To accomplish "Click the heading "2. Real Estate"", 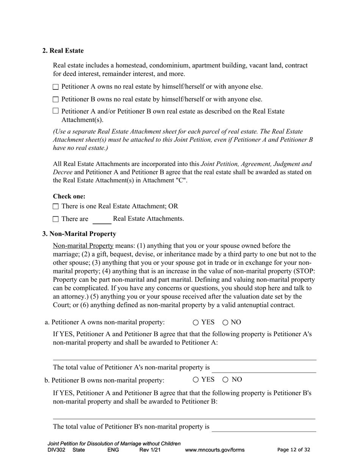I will (63, 51).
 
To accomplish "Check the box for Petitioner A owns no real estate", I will (56, 87).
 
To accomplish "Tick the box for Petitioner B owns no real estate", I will (56, 100).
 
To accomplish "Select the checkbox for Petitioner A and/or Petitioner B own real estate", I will (56, 111).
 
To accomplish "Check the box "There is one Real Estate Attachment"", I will (56, 206).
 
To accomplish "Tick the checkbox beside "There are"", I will (56, 219).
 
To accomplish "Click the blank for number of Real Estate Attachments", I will (102, 220).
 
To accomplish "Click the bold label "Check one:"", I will (69, 196).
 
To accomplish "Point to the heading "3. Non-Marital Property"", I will (79, 234).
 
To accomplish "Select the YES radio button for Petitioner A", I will (196, 323).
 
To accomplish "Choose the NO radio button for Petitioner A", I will (225, 323).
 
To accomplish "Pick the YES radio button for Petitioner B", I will (196, 380).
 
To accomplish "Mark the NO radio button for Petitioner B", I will (225, 380).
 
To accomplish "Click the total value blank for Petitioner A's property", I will (264, 369).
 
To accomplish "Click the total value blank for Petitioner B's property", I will (264, 427).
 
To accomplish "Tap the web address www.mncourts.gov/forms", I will (214, 450).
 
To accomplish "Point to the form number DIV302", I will (57, 450).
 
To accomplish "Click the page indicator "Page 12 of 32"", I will (294, 450).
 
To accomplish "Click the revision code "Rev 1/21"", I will (150, 450).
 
